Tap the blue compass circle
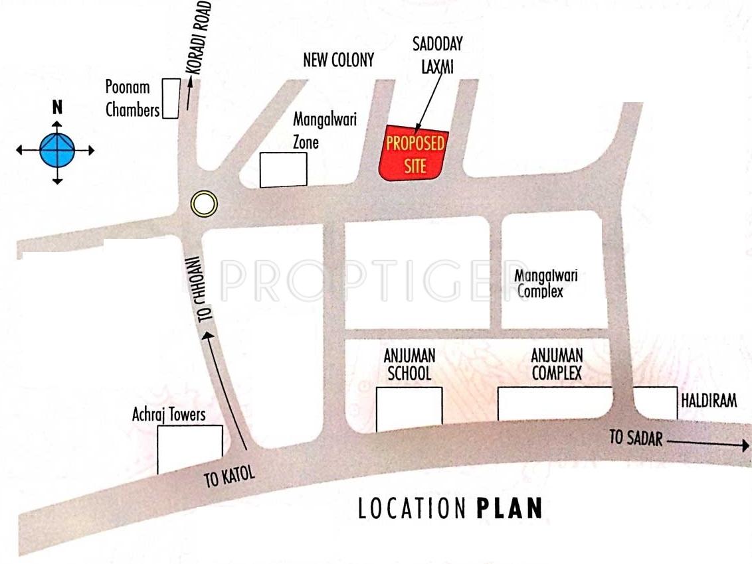pos(57,150)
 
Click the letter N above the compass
pos(58,107)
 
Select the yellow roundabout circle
pos(203,203)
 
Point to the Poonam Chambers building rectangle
pos(171,98)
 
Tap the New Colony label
pos(338,60)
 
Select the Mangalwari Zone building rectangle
pos(283,169)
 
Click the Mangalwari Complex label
pos(546,283)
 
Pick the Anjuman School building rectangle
pos(409,409)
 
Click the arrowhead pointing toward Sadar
pos(743,446)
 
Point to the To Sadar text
pos(636,437)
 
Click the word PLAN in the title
pos(510,508)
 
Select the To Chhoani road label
pos(197,288)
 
